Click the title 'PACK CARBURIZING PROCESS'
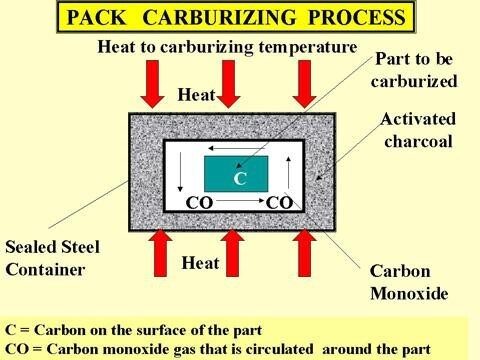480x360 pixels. coord(236,17)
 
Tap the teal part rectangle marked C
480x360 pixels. coord(236,174)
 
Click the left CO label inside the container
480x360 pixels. coord(199,203)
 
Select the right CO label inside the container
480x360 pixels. coord(279,203)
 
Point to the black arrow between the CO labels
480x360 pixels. coord(240,201)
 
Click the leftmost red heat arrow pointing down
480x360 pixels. coord(152,84)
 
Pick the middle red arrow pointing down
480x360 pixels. coord(228,84)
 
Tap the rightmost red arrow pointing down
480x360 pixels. coord(304,84)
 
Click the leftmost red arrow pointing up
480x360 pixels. coord(160,253)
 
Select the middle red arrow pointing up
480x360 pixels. coord(232,253)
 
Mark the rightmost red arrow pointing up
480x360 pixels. coord(304,253)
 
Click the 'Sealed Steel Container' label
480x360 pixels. coord(52,258)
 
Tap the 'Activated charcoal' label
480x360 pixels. coord(418,130)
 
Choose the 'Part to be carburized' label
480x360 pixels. coord(414,70)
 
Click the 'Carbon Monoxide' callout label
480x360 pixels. coord(409,282)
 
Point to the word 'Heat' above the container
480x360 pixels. coord(196,95)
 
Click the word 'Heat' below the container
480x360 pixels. coord(200,263)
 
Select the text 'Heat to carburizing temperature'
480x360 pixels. coord(227,47)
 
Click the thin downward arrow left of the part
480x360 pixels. coord(180,172)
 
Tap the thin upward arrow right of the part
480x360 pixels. coord(289,172)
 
